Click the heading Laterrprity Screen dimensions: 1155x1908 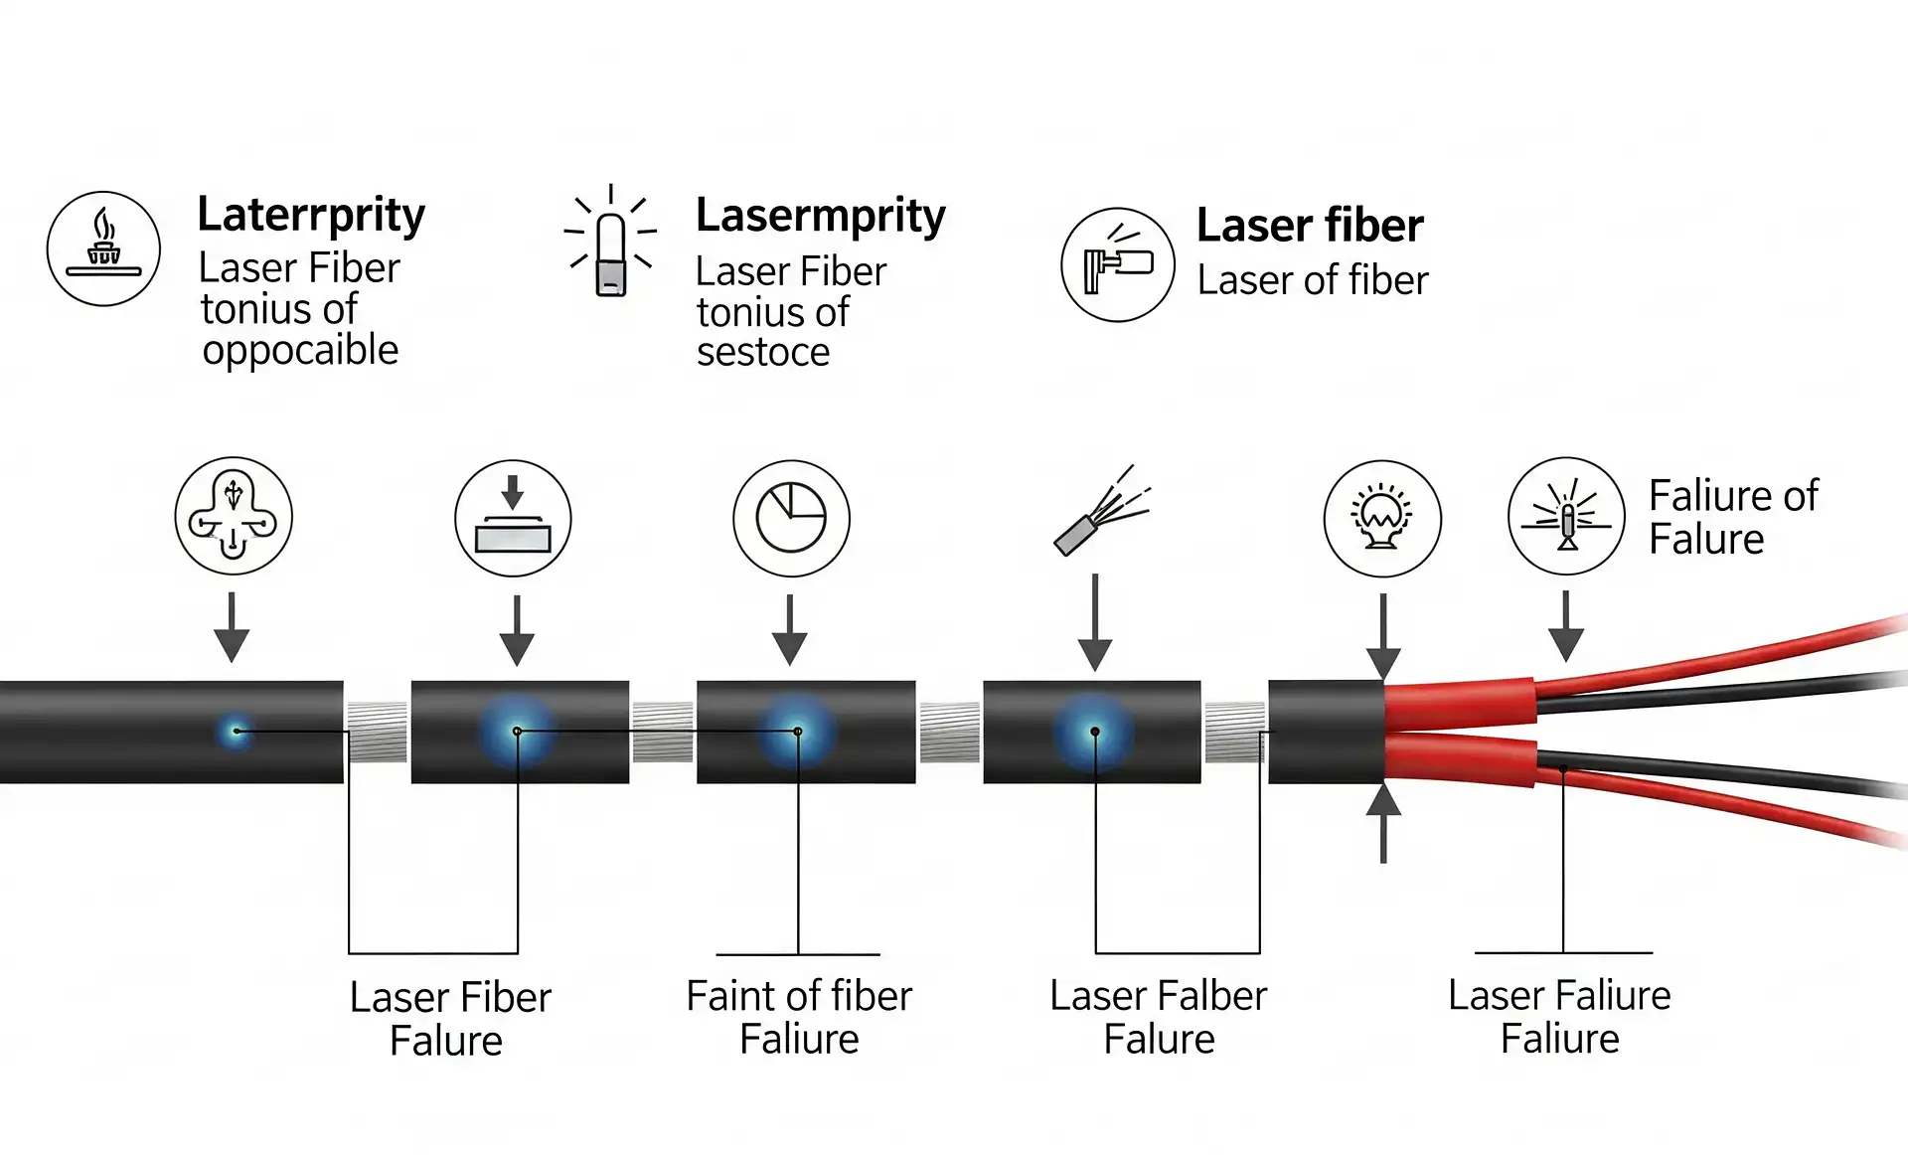[310, 216]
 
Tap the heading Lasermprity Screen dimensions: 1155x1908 [820, 217]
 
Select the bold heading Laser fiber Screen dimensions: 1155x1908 [1310, 226]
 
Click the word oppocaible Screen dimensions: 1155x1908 [300, 351]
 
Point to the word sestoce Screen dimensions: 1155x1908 [763, 353]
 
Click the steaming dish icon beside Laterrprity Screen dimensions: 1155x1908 [103, 248]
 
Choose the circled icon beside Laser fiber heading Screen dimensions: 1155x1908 [1118, 264]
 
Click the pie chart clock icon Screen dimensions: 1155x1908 [791, 518]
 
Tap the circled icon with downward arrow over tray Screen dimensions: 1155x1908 [513, 518]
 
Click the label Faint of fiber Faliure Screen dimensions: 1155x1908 [799, 1017]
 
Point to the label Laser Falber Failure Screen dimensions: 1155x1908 [1159, 1017]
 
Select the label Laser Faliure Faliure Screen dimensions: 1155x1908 [1559, 1017]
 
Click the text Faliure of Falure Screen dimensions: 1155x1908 [1733, 517]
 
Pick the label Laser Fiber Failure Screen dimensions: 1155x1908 [449, 1019]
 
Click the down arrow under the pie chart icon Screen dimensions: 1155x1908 [790, 630]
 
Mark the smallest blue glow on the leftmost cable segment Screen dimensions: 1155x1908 [236, 732]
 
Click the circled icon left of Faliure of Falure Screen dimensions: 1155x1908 [1566, 516]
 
